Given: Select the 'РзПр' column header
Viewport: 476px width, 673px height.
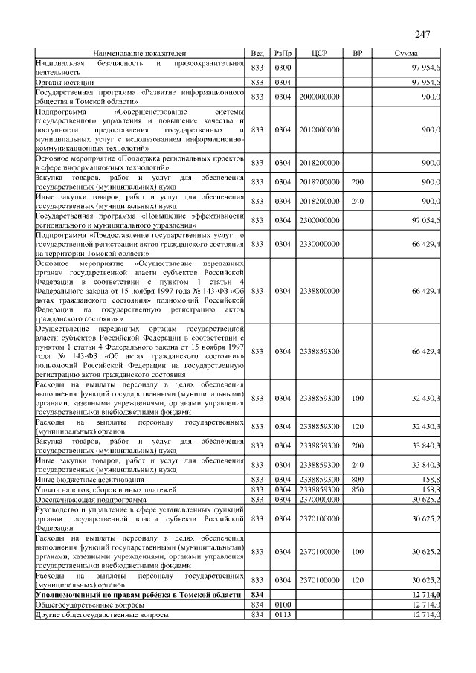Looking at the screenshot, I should (x=283, y=54).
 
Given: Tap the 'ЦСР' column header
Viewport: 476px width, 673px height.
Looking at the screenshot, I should (x=321, y=54).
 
